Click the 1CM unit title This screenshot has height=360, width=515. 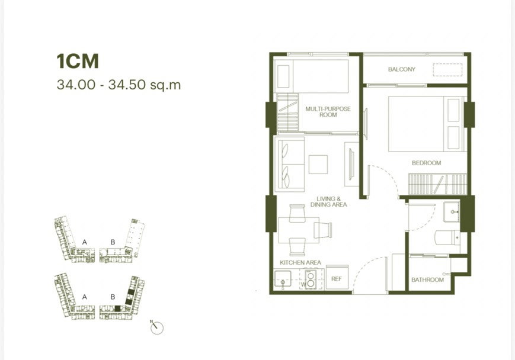[x=78, y=62]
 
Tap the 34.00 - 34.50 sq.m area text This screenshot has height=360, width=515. [x=119, y=85]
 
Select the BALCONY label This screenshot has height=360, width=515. [x=401, y=69]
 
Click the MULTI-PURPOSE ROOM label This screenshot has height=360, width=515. [x=328, y=111]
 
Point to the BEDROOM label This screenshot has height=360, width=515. [x=426, y=163]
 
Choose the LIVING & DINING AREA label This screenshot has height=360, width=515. [x=328, y=201]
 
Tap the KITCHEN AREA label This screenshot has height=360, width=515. [x=300, y=262]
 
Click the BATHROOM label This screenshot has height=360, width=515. [x=427, y=279]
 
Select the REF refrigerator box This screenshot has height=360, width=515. [x=337, y=278]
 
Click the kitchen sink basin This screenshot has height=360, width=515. [x=283, y=279]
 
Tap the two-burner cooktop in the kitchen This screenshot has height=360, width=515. [x=310, y=279]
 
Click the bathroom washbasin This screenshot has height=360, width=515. [x=451, y=212]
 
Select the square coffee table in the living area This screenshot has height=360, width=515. [x=318, y=165]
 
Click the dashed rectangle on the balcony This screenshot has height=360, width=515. [x=447, y=69]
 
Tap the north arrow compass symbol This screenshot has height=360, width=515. [x=156, y=327]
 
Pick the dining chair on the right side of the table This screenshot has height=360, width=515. [x=322, y=230]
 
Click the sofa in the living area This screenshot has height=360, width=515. [x=289, y=164]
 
